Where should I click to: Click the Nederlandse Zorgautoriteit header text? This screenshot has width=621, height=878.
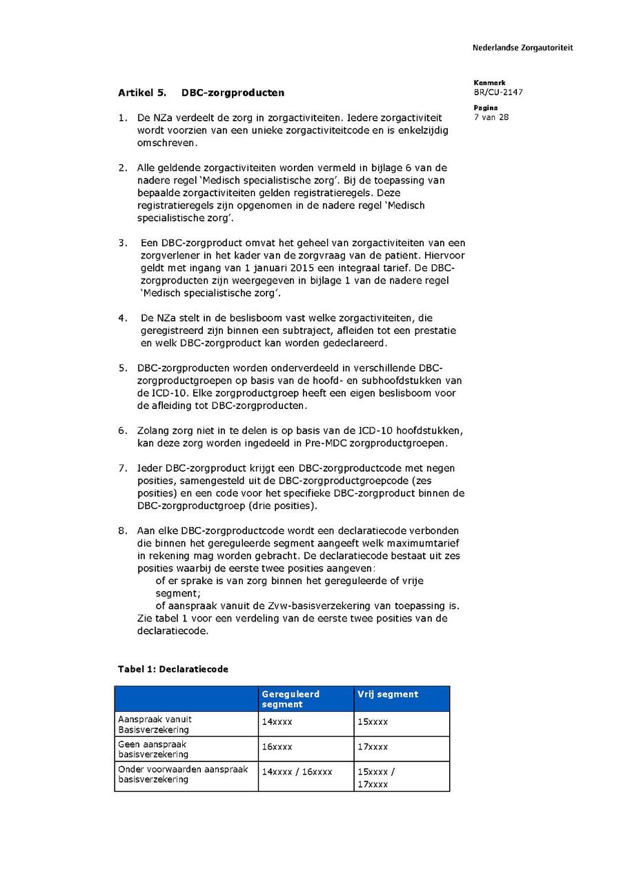pos(522,48)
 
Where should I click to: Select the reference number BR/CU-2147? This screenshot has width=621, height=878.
pos(498,92)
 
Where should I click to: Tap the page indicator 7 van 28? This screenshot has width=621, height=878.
pos(491,117)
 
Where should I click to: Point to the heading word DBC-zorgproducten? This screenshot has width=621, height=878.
pos(233,92)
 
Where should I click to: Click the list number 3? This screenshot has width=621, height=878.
pos(122,243)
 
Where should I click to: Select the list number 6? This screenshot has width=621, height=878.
pos(122,430)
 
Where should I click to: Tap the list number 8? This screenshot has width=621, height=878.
pos(122,531)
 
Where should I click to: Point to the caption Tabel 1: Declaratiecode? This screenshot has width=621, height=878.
pos(172,669)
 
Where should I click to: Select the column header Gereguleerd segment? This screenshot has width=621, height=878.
pos(290,699)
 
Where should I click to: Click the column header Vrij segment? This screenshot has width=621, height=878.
pos(387,695)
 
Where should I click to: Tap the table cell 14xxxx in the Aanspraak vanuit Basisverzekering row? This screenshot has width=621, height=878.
pos(277,722)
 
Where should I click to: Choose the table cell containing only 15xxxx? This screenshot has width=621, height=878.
pos(373,722)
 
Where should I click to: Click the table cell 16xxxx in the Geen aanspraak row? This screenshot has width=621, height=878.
pos(277,747)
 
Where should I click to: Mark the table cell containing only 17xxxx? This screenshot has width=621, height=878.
pos(373,747)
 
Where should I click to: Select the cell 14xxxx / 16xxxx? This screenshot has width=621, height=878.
pos(297,772)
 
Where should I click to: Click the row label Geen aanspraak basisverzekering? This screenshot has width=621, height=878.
pos(152,750)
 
